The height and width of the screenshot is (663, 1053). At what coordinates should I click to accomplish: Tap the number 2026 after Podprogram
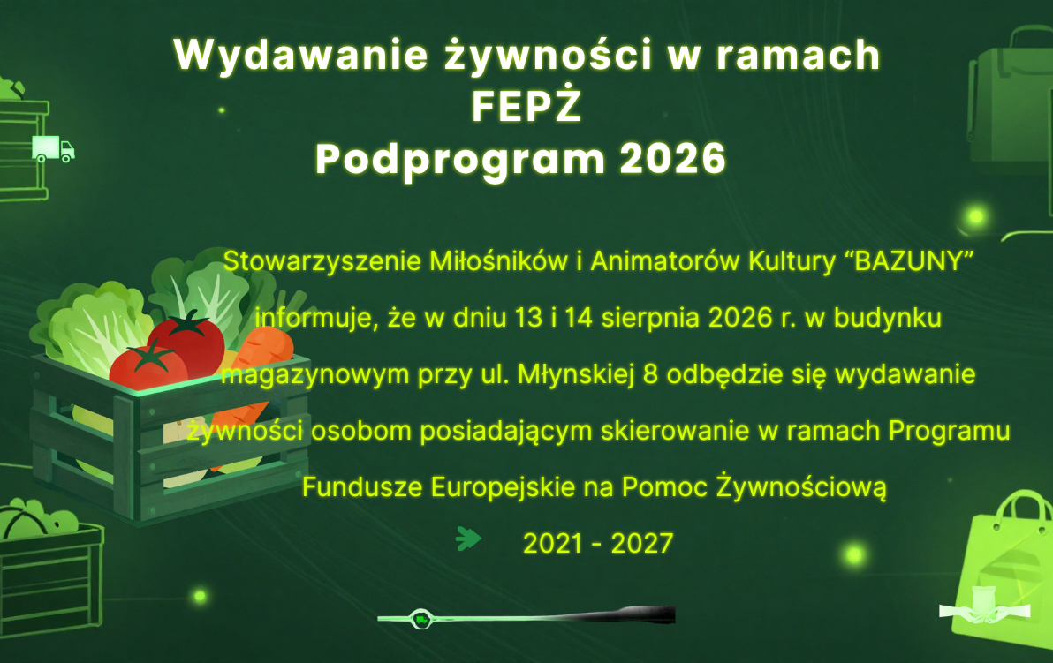click(x=672, y=159)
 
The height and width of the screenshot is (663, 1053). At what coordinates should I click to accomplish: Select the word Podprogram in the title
click(x=461, y=161)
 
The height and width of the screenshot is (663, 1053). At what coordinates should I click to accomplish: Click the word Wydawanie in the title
click(x=301, y=55)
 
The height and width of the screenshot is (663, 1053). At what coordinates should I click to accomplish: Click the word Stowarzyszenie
click(x=322, y=261)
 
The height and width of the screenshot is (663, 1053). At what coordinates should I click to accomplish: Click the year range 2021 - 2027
click(x=598, y=544)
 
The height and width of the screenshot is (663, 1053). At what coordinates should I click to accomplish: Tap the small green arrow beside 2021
click(x=468, y=539)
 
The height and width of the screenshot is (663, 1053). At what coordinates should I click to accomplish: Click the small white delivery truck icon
click(x=53, y=149)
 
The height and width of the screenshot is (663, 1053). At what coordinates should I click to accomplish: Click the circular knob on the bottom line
click(x=421, y=620)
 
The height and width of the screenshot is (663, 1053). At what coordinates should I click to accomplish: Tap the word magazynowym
click(x=315, y=375)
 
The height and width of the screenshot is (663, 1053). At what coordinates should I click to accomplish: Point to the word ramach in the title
click(x=798, y=55)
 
